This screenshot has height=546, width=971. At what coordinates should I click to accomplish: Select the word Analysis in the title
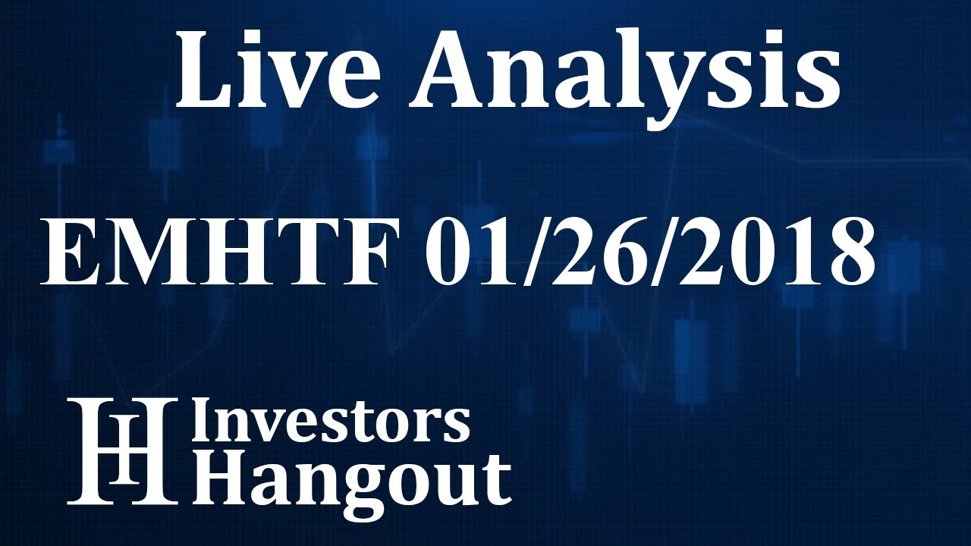click(624, 70)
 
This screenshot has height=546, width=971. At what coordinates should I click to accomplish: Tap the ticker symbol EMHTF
click(220, 252)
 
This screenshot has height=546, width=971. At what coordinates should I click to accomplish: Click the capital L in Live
click(203, 70)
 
